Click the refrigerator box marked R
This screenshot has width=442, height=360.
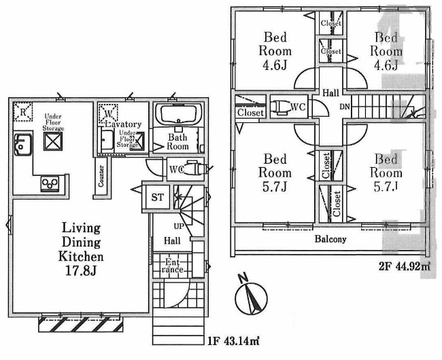tap(22, 111)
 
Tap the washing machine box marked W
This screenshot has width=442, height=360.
tap(107, 113)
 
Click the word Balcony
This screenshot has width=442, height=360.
tap(330, 239)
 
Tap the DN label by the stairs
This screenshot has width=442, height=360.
tap(345, 107)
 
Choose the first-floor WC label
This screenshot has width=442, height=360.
tap(174, 168)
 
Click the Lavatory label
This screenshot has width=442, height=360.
tap(122, 125)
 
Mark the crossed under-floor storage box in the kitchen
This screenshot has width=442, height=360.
tap(53, 141)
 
